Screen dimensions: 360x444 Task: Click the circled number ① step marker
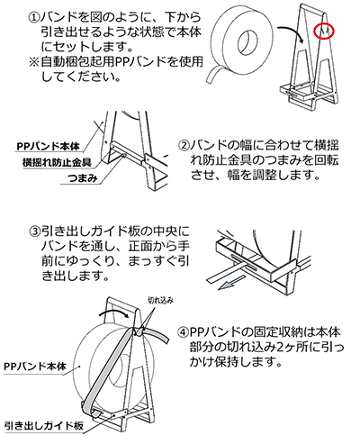[x=34, y=17]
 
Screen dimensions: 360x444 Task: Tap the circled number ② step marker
[x=184, y=146]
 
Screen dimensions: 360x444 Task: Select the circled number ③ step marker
[x=35, y=231]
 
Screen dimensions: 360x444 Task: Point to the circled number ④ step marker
[x=183, y=332]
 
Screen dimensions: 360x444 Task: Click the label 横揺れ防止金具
[x=57, y=163]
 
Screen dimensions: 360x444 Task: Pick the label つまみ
[x=83, y=178]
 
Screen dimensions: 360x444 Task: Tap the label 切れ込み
[x=161, y=300]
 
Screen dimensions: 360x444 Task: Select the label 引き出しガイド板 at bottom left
[x=44, y=426]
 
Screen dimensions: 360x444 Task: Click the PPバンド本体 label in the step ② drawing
[x=48, y=147]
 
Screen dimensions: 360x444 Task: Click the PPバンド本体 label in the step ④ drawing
[x=35, y=367]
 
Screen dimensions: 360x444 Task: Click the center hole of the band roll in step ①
[x=247, y=41]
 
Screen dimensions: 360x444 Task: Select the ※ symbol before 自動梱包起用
[x=34, y=62]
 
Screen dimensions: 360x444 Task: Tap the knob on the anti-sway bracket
[x=124, y=156]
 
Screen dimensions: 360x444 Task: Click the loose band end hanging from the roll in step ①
[x=212, y=74]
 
